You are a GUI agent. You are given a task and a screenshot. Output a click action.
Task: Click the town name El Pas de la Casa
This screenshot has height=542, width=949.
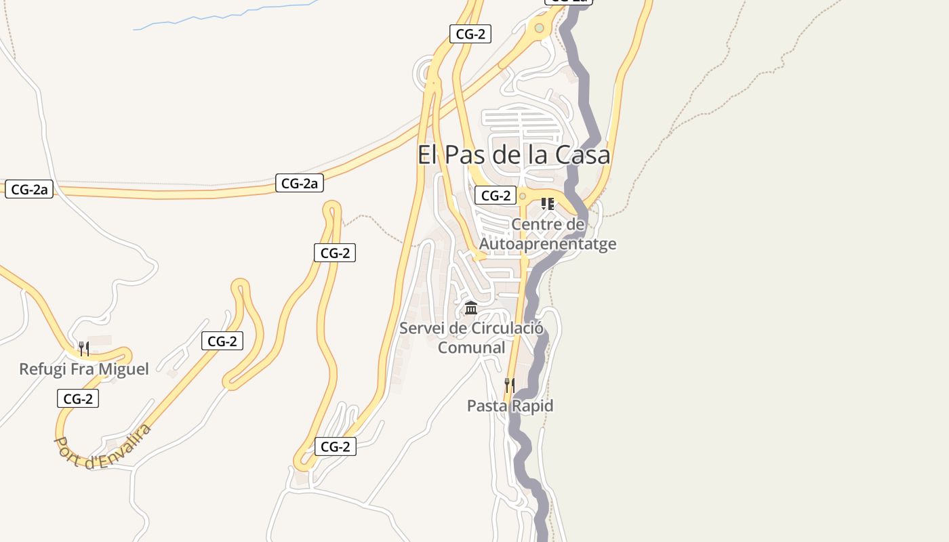pos(513,155)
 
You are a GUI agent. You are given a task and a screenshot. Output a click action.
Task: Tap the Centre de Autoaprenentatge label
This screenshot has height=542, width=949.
pos(548,234)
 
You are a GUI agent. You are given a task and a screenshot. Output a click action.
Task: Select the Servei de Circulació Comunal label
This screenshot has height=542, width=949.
pos(471,337)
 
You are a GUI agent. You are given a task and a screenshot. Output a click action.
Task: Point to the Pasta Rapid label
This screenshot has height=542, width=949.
pos(510,406)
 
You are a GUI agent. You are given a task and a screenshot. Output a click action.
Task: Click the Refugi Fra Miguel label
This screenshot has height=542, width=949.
pos(83,369)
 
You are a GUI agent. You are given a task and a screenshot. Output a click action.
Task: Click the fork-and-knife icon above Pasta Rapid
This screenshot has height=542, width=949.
pos(510,385)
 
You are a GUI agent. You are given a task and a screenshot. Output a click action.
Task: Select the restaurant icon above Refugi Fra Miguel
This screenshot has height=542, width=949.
pos(83,349)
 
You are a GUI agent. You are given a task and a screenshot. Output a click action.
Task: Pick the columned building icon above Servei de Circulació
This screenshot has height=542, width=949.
pos(471,308)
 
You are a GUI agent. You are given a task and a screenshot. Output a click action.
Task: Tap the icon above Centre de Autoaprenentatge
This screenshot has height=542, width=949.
pos(548,203)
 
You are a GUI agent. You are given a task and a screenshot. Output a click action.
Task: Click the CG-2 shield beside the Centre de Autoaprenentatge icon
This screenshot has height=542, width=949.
pos(496,196)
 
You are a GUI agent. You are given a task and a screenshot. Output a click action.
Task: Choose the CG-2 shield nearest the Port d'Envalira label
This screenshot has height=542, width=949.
pos(78,399)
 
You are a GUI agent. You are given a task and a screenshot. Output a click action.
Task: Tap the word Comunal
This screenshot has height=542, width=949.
pos(471,348)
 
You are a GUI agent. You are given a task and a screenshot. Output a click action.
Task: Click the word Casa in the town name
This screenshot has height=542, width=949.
pos(582,155)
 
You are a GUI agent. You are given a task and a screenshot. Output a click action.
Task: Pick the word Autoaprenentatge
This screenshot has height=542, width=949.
pos(548,243)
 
